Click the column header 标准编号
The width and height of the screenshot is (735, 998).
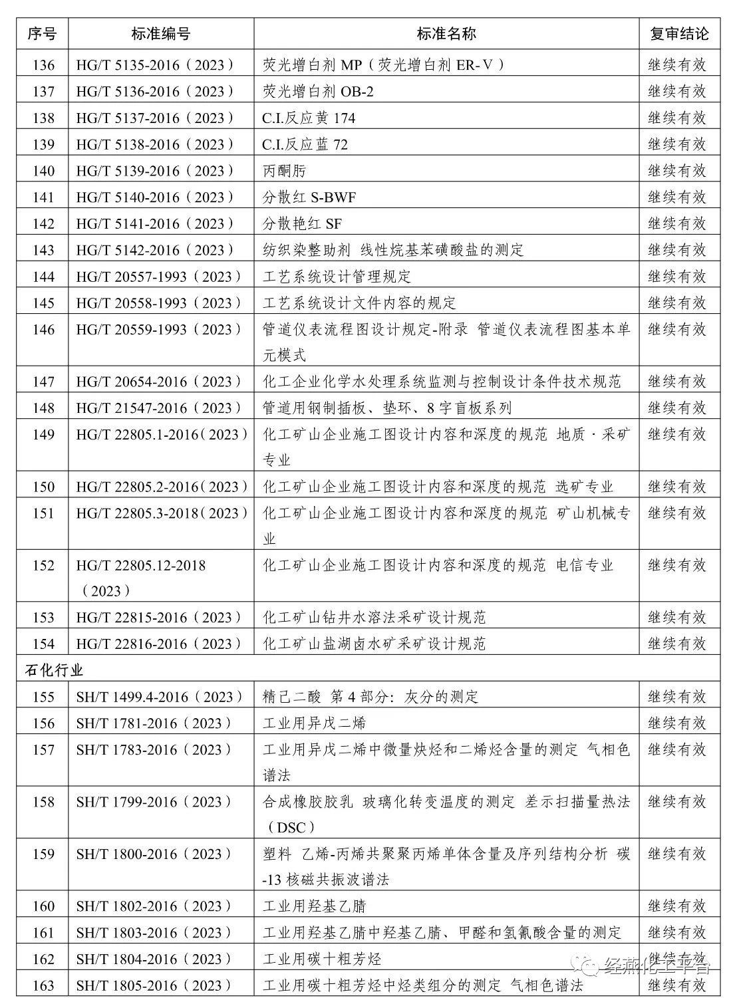[161, 34]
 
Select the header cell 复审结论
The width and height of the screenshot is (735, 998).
[678, 34]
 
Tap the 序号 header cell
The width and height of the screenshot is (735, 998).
[43, 34]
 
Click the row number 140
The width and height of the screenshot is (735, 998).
[43, 171]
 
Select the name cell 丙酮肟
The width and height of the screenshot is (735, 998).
[285, 171]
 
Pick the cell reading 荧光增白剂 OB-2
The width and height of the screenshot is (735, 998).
[318, 91]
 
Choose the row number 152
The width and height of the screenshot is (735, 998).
[43, 565]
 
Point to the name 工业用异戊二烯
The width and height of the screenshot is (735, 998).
[314, 723]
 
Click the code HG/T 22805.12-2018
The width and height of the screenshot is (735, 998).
[141, 565]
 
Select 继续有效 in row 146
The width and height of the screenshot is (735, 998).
[677, 329]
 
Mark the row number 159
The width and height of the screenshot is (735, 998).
[43, 854]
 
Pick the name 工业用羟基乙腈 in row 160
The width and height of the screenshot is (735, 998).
[314, 906]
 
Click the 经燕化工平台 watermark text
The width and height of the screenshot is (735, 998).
[656, 966]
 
